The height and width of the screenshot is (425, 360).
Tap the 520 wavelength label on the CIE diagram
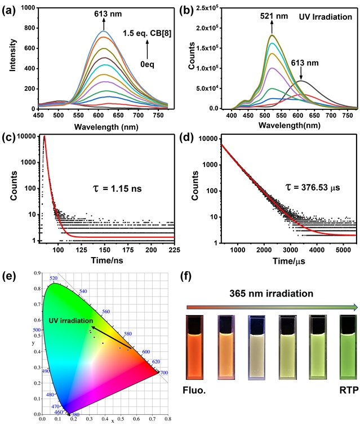pyautogui.click(x=54, y=278)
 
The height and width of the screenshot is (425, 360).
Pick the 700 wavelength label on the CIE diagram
pyautogui.click(x=163, y=373)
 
